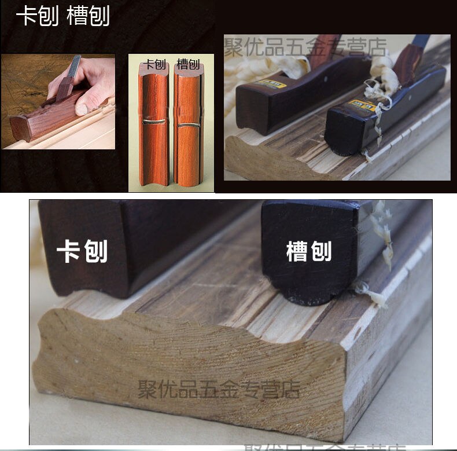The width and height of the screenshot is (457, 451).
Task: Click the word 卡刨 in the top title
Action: [x=37, y=16]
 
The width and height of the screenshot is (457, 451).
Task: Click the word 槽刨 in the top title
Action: [x=88, y=16]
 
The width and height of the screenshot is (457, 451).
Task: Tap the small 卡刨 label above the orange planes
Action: [x=154, y=64]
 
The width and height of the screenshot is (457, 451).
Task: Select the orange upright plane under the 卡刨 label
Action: [x=153, y=127]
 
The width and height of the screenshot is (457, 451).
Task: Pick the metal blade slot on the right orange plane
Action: [x=186, y=124]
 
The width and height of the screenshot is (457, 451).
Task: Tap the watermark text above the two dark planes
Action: [x=305, y=46]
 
